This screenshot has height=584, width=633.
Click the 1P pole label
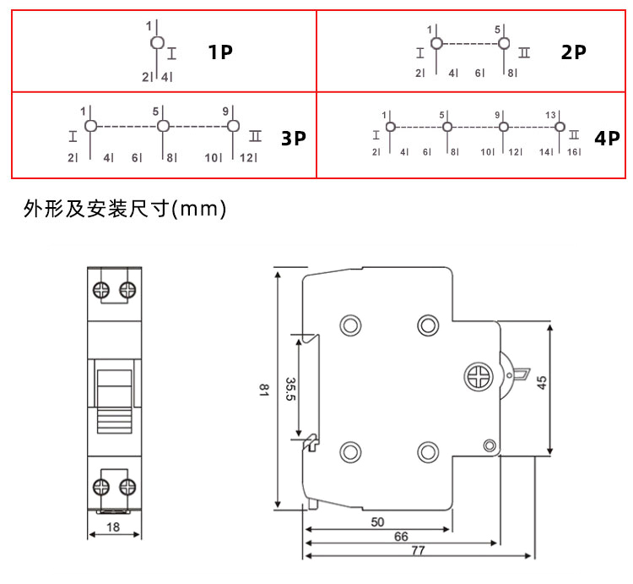click(221, 52)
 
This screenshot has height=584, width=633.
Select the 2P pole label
click(574, 52)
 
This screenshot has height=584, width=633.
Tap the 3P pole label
click(293, 138)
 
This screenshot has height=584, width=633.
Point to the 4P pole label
click(607, 138)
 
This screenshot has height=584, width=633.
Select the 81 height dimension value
click(263, 390)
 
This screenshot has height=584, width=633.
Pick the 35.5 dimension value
click(290, 390)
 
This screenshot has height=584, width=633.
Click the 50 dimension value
click(377, 522)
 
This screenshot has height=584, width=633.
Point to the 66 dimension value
click(401, 537)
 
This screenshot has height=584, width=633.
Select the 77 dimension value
click(417, 549)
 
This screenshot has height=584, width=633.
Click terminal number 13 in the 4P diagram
click(550, 114)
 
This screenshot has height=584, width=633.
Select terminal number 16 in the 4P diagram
click(572, 152)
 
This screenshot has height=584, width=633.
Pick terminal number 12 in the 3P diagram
click(246, 157)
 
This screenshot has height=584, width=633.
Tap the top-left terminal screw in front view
click(101, 290)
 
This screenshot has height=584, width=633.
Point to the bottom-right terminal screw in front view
click(128, 487)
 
